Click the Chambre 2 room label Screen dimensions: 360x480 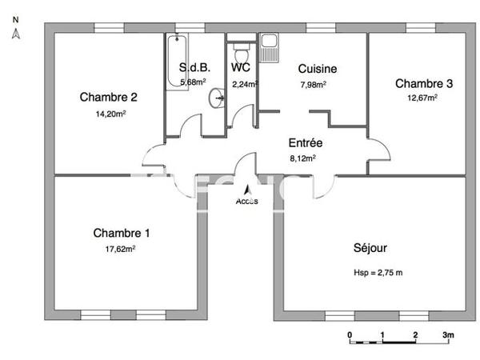click(x=109, y=98)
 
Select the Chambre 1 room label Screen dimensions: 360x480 click(x=121, y=234)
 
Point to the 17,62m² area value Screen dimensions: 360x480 click(x=121, y=249)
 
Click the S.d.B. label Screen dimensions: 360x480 click(x=194, y=69)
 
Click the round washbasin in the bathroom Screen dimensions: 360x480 click(x=217, y=98)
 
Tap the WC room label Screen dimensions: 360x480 click(x=242, y=69)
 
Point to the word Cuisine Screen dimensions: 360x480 click(x=317, y=69)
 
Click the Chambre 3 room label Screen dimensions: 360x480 click(x=424, y=83)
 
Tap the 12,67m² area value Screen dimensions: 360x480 click(x=424, y=98)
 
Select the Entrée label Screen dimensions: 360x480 click(x=305, y=143)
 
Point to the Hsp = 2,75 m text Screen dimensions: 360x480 click(x=378, y=273)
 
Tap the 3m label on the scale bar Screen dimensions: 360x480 click(x=449, y=334)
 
